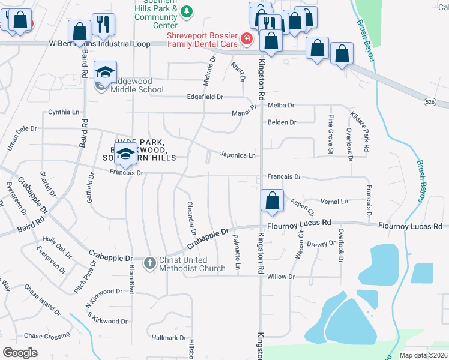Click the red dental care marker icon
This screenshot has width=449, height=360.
click(246, 40)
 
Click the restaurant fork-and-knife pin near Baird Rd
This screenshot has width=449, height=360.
click(103, 25)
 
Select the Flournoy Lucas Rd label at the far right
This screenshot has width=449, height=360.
click(409, 226)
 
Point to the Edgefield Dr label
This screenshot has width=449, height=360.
click(205, 97)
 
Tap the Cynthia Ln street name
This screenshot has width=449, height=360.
click(64, 112)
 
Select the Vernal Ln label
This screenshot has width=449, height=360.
click(334, 202)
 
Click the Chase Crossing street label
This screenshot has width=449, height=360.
click(47, 336)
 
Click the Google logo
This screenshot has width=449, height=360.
click(20, 352)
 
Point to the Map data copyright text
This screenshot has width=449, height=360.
click(424, 355)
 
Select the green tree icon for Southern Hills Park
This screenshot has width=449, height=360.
click(187, 11)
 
